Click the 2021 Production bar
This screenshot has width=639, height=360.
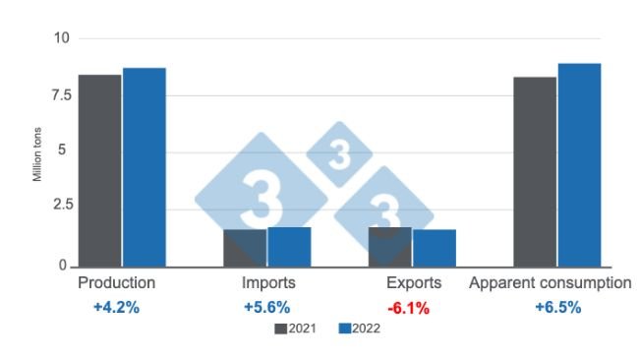pos(99,170)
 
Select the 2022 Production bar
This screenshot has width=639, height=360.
pos(144,167)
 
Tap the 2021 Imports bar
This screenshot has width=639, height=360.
pos(245,248)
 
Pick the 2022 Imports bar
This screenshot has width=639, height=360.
pos(289,247)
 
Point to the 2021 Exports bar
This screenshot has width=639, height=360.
pos(390,247)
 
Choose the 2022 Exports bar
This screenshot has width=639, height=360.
pos(435,248)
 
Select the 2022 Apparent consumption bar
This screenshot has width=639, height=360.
pos(579,164)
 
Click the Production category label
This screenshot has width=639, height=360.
pos(116,283)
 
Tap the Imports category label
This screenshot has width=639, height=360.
pos(266,283)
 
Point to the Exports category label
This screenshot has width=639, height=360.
pos(414,283)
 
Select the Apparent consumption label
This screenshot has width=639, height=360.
pos(551,283)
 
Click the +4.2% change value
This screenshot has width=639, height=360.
pos(116,307)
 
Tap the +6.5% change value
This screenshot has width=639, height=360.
pos(557,307)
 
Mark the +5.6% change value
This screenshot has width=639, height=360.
pos(266,307)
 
